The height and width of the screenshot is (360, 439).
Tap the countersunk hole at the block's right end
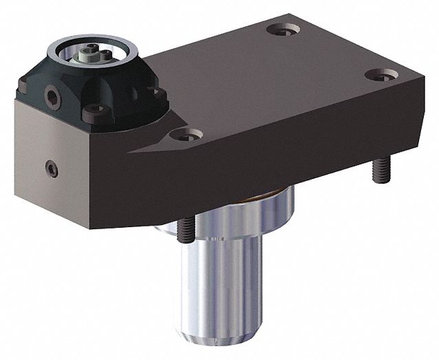pos(377,74)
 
